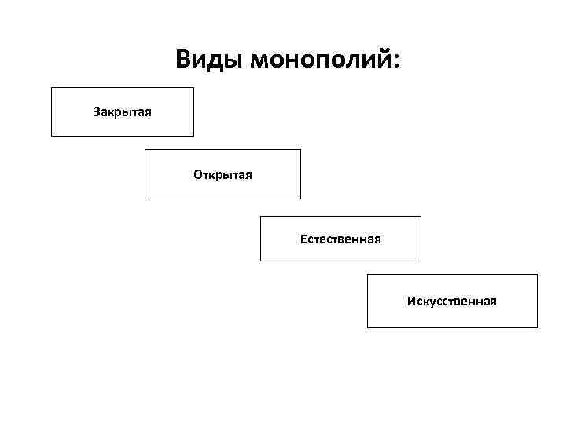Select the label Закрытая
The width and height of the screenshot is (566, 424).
[123, 111]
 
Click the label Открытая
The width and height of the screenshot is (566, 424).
[222, 174]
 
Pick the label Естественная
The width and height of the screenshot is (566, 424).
[340, 238]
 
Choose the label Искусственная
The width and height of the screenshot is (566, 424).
[451, 301]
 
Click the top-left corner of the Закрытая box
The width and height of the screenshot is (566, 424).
[52, 87]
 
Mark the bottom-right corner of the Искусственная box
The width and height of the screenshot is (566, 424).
[537, 327]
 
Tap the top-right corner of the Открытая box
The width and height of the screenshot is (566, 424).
[300, 150]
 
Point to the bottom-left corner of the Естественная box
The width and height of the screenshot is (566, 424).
[261, 260]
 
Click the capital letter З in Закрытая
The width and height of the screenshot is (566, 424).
[97, 111]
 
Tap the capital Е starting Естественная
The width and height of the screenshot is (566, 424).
[303, 238]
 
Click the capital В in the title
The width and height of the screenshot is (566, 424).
[182, 59]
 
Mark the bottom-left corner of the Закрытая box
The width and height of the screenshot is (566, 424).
[52, 136]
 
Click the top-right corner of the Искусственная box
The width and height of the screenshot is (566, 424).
[537, 275]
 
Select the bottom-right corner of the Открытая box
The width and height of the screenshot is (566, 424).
[300, 199]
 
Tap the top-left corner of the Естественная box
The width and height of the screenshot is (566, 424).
[261, 217]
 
